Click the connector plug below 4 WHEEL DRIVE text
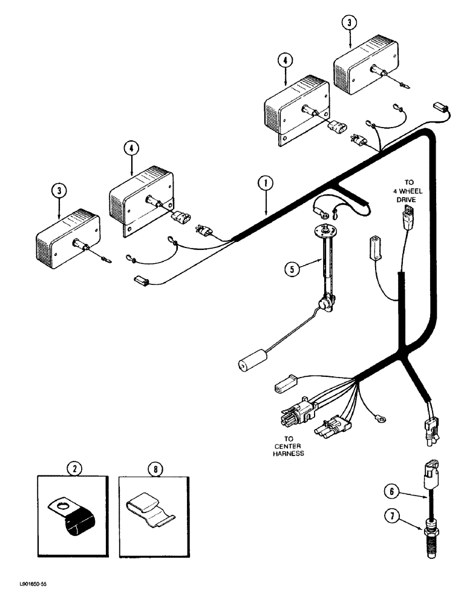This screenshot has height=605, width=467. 409,214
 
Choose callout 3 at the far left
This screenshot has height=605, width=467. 59,190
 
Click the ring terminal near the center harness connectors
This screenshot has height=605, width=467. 382,417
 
